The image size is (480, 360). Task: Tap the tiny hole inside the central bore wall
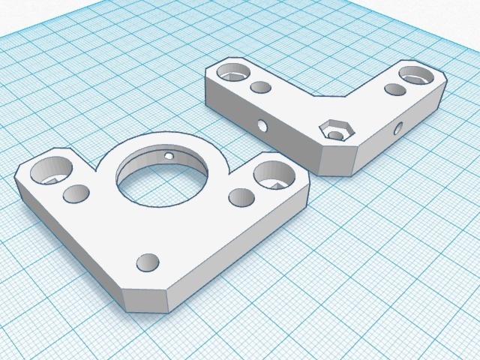(170, 156)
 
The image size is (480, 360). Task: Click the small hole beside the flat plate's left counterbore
(76, 195)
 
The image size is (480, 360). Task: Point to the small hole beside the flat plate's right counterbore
(241, 198)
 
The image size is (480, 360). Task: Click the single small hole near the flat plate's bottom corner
(148, 262)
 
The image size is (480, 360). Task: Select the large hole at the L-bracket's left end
(233, 73)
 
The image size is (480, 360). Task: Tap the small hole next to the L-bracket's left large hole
(261, 88)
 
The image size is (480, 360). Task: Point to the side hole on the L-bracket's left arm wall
(262, 125)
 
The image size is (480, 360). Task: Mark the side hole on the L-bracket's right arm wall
(397, 128)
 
